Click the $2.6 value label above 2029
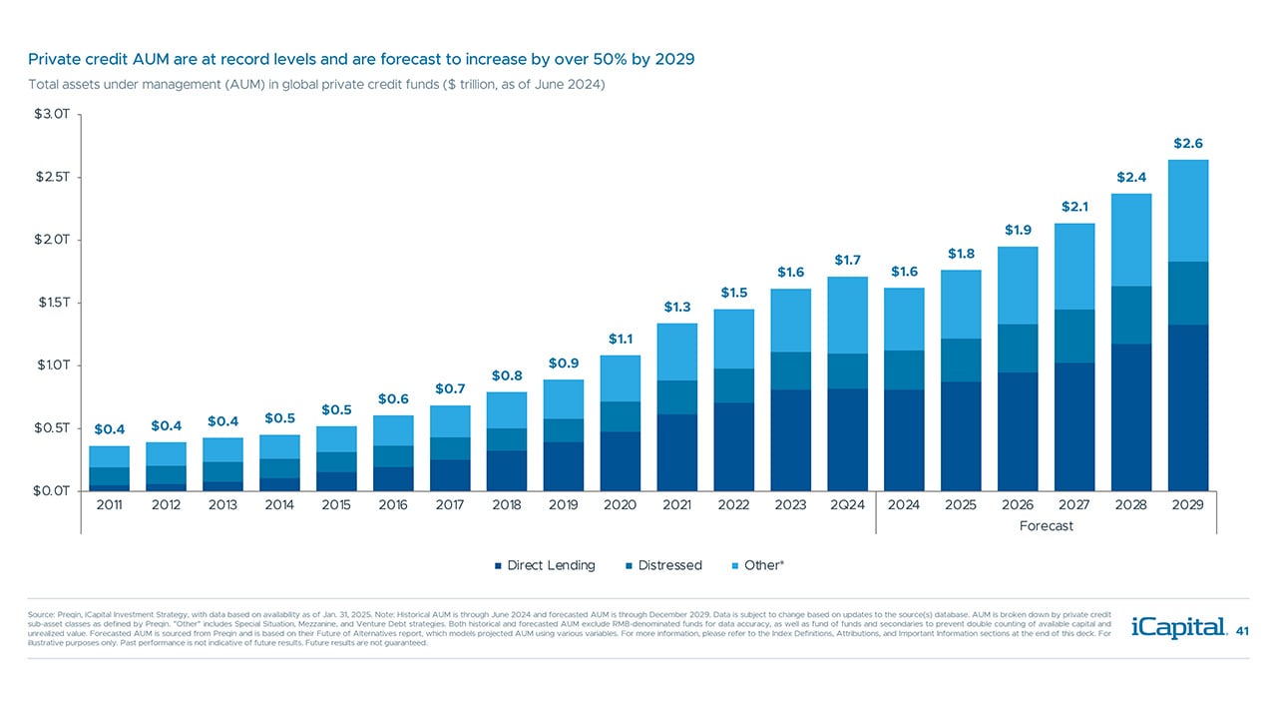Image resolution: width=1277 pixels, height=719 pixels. (1187, 144)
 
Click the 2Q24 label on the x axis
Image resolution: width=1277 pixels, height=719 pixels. (847, 505)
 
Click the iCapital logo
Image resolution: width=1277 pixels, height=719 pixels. (1178, 628)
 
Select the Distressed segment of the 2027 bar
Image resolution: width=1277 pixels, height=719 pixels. (1074, 336)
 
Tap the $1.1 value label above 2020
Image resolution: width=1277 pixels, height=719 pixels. (621, 340)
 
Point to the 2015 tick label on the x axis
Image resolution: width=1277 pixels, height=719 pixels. (336, 505)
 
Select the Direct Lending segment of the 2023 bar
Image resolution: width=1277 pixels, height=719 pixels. (790, 439)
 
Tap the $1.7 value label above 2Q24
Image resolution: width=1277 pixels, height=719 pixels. (847, 261)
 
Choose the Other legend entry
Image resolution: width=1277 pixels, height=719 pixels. (764, 565)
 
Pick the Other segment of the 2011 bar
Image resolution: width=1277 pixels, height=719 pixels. (109, 456)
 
